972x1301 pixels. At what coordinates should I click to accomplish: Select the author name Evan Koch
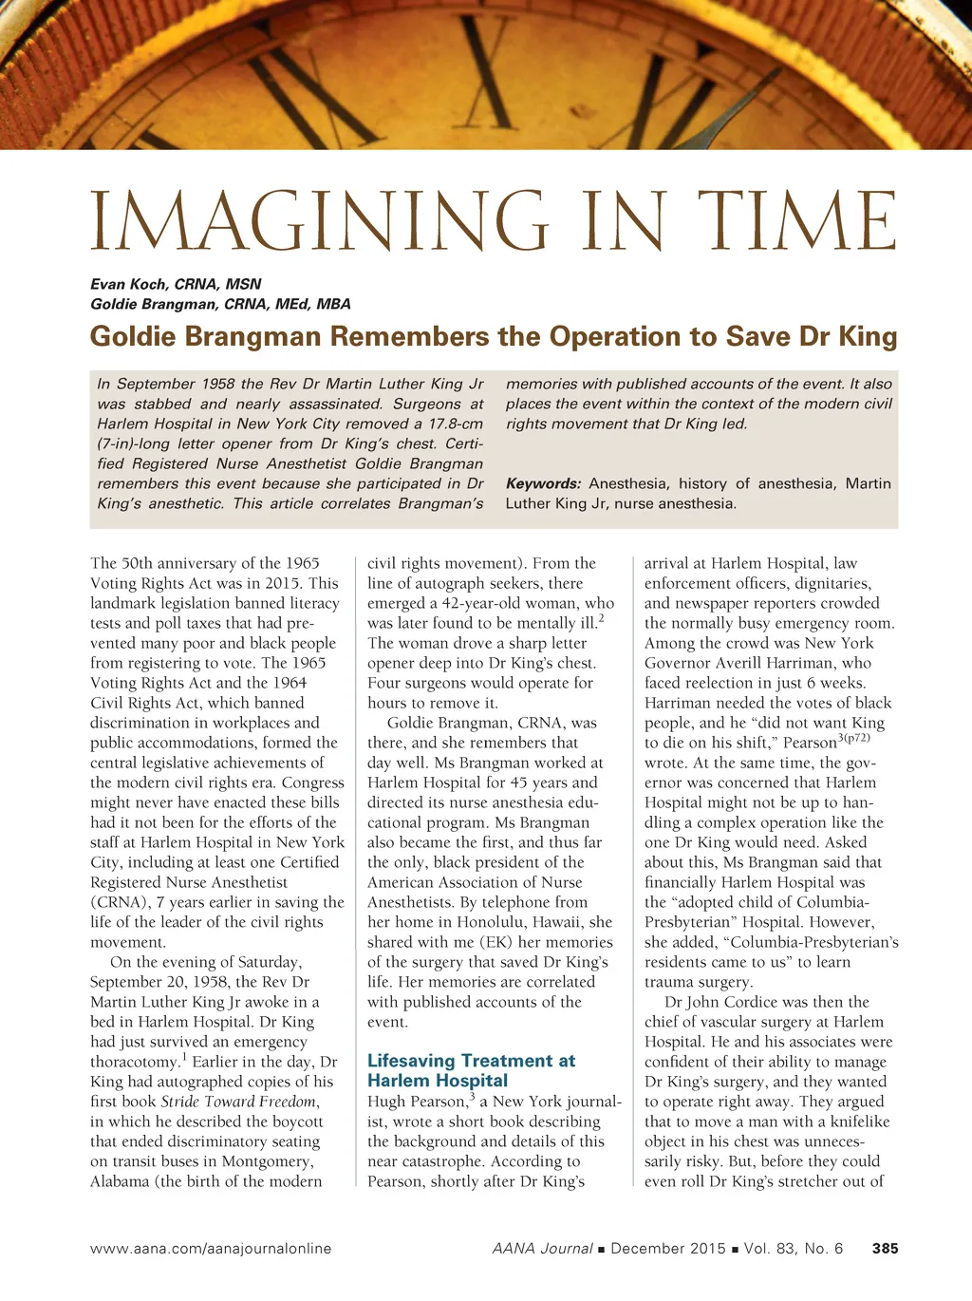point(128,284)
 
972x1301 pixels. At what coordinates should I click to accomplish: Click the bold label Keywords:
point(543,483)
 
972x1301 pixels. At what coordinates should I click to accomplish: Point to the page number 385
point(885,1249)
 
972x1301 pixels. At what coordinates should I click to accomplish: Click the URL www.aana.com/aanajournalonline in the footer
point(211,1249)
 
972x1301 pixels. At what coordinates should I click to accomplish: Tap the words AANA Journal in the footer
point(542,1249)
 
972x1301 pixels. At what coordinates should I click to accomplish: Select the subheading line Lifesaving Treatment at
point(471,1061)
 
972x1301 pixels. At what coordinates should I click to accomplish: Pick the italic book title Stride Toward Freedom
point(238,1102)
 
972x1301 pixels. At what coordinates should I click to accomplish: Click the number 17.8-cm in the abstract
point(450,424)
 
